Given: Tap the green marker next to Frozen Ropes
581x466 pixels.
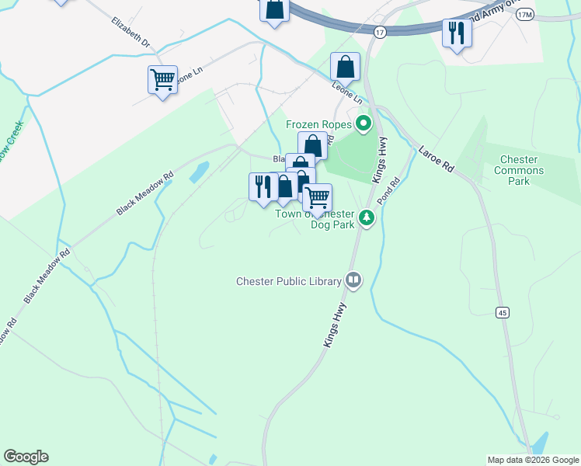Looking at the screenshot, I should click(x=363, y=123).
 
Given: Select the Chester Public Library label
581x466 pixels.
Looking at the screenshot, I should click(x=289, y=280).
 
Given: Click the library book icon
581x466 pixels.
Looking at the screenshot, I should click(x=353, y=279).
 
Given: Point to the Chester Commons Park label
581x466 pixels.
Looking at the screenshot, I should click(x=518, y=170).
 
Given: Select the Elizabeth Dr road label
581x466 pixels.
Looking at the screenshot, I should click(x=130, y=33).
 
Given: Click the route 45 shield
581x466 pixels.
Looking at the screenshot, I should click(x=503, y=312).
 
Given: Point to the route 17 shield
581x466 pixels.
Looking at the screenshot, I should click(x=379, y=33).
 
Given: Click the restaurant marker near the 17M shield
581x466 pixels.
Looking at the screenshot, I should click(x=456, y=33).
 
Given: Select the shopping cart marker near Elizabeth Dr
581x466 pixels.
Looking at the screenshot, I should click(x=163, y=79).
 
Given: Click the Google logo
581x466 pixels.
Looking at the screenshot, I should click(x=26, y=457).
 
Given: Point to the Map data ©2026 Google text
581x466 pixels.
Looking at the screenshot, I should click(x=532, y=460).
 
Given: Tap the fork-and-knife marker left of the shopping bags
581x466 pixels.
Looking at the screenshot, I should click(x=263, y=186).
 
